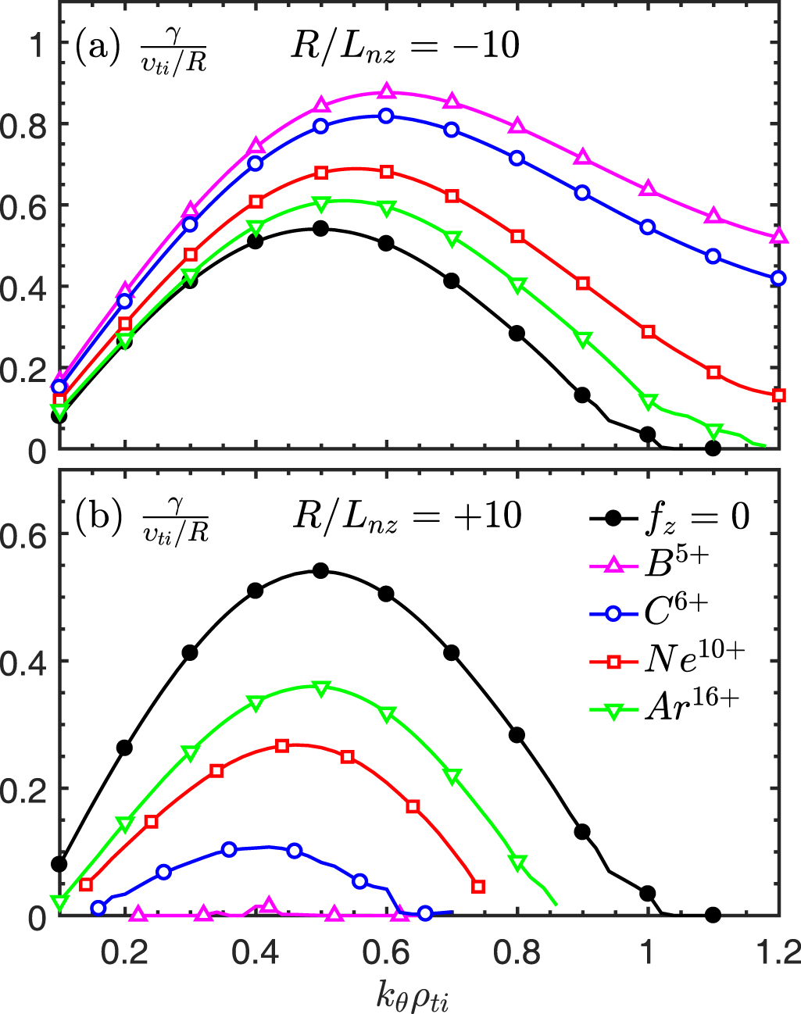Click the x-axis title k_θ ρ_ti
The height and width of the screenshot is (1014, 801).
click(x=413, y=994)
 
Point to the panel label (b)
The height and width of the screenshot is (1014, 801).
click(x=96, y=516)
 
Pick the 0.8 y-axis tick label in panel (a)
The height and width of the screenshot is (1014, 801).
click(x=23, y=124)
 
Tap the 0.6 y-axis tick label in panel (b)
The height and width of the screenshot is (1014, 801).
click(x=23, y=535)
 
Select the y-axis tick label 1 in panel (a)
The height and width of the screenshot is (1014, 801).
click(x=35, y=45)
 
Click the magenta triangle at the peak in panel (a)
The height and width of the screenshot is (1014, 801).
click(x=386, y=92)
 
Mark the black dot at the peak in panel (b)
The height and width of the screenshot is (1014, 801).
click(x=320, y=571)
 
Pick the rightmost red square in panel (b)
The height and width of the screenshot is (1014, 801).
click(x=479, y=886)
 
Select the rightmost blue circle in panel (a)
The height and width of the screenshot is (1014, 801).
click(x=778, y=278)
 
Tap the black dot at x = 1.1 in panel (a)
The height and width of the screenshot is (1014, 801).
click(x=713, y=448)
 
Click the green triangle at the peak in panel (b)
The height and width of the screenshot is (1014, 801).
click(x=320, y=688)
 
